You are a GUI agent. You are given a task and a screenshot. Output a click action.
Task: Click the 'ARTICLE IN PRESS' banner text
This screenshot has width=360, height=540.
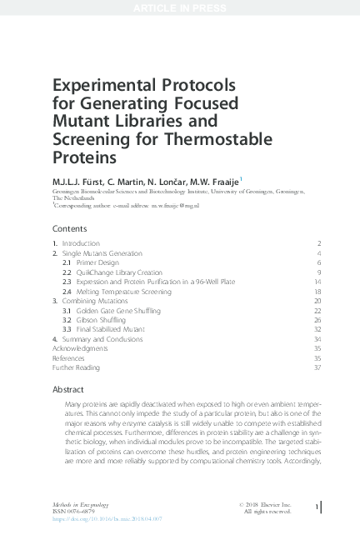coord(180,7)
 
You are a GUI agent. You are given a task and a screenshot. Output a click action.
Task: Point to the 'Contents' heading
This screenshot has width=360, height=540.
coord(69,227)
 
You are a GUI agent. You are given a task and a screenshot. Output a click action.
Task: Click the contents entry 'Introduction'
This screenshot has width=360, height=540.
coord(80,242)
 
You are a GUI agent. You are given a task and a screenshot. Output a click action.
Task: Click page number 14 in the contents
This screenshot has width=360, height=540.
coord(317,282)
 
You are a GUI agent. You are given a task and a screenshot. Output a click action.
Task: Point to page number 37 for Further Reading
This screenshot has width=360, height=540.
coord(317,367)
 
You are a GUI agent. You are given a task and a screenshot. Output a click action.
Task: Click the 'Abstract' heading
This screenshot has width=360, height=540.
coord(68,389)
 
